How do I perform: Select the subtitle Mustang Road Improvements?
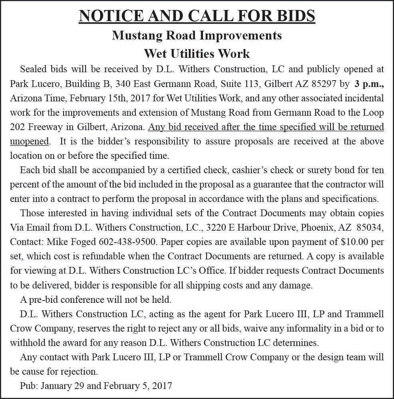click(x=197, y=36)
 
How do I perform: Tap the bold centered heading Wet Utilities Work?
click(x=197, y=53)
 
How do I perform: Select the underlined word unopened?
click(x=30, y=142)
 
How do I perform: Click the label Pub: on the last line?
click(x=29, y=386)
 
